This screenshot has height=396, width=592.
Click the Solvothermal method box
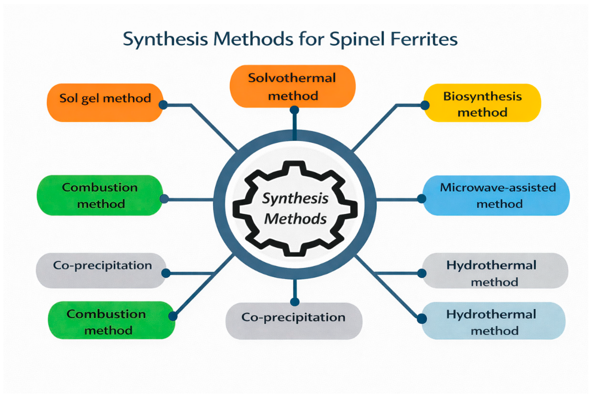pos(292,86)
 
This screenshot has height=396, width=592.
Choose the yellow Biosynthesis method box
pos(482,103)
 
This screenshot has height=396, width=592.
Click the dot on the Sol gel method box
pos(163,105)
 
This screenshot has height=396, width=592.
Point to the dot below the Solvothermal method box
pos(294,110)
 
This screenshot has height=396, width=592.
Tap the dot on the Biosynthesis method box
pos(425,105)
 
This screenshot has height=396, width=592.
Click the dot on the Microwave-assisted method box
pos(422,199)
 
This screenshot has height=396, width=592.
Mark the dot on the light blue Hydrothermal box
pos(422,319)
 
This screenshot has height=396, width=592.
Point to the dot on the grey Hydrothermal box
pos(422,273)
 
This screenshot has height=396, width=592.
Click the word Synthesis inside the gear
pos(295,198)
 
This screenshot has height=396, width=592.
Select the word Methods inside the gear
pos(295,219)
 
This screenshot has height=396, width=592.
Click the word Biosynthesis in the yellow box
pos(482,96)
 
